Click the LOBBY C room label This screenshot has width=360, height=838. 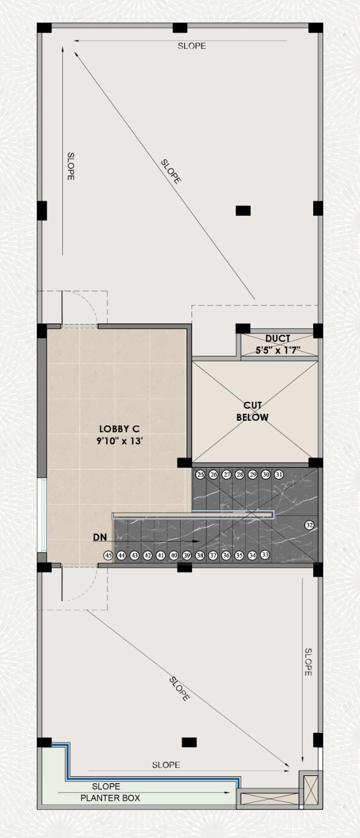coord(119,429)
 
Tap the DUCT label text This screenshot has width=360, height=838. coord(277,339)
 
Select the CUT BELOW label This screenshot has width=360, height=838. coord(252,411)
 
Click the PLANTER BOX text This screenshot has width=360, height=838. coord(110,798)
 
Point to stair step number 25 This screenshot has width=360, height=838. coord(201,475)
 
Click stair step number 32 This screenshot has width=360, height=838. coord(309,525)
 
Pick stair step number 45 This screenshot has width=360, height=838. coord(108,556)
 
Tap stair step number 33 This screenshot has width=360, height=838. coord(265,555)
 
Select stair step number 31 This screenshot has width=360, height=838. coord(279,475)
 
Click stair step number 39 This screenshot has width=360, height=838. coord(187,556)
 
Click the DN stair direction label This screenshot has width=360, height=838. coord(100,537)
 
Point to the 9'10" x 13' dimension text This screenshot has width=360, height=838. coord(119,441)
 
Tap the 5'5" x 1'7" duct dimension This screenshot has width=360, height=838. coord(278,350)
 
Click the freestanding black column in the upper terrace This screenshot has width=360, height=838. coord(243,211)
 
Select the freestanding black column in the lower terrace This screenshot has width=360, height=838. coord(189,742)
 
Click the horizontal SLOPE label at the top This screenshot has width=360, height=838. coord(192,46)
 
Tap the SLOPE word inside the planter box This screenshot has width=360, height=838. coord(106,787)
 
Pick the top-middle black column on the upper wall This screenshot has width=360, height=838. coord(180,28)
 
